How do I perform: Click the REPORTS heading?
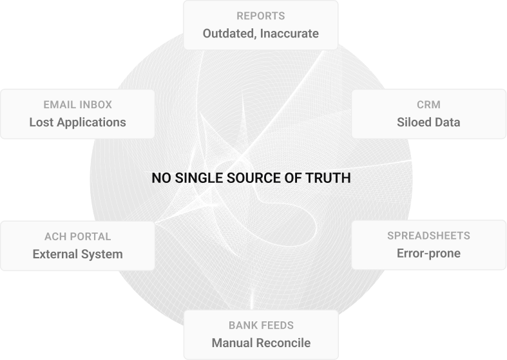click(260, 15)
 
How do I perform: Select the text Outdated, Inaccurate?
click(260, 33)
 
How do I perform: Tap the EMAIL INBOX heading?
click(77, 104)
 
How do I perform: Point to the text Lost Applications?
click(77, 122)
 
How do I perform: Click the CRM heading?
click(428, 104)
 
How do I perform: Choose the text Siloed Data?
click(428, 122)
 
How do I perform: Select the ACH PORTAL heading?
click(77, 236)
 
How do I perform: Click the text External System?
click(77, 254)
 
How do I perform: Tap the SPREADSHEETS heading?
click(428, 236)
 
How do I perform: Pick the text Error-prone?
click(428, 253)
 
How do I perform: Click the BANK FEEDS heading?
click(260, 325)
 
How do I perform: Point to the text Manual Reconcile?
click(260, 343)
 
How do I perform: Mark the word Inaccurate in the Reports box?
click(289, 33)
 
